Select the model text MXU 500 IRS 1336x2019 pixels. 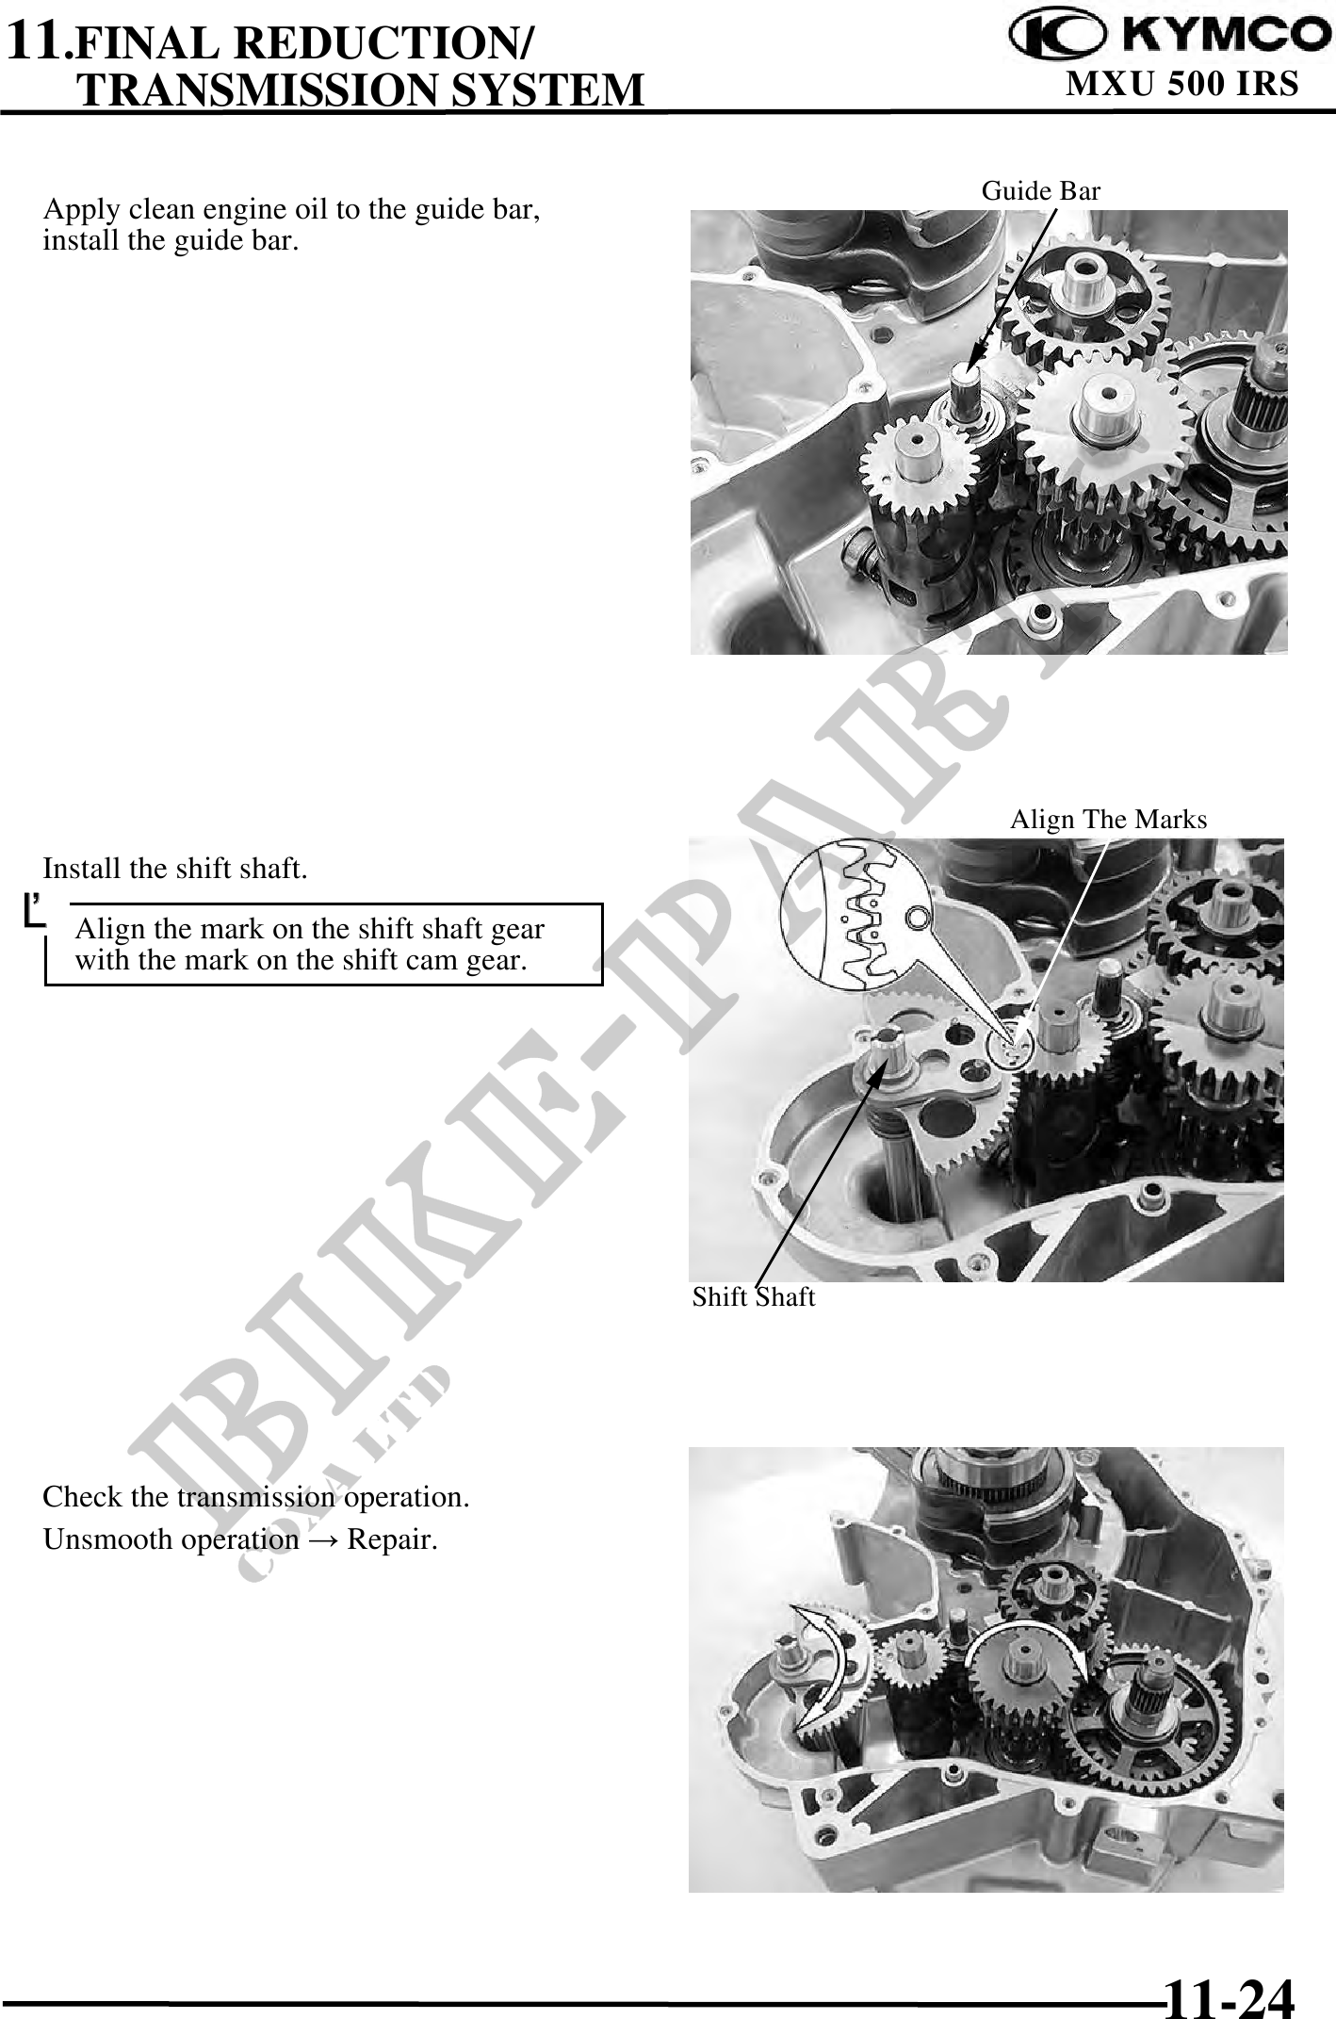tap(1182, 84)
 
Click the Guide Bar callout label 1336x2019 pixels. tap(1041, 191)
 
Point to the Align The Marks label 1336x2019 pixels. tap(1108, 820)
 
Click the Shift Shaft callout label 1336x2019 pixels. tap(754, 1297)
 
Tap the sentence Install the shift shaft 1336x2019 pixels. tap(175, 869)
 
